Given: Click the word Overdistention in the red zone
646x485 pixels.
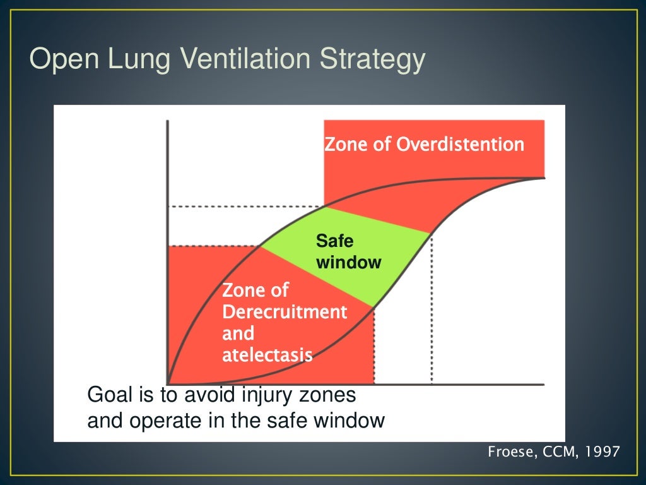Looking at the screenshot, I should click(460, 145).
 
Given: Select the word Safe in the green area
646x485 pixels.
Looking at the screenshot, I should click(334, 241).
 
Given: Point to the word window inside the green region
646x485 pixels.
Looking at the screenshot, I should click(348, 262).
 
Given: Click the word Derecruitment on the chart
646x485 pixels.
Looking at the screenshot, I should click(285, 312).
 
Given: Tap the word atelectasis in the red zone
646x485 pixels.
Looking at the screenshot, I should click(267, 355).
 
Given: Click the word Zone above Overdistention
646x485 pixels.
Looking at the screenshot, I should click(344, 145).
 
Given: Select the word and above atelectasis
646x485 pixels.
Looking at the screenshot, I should click(238, 333).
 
